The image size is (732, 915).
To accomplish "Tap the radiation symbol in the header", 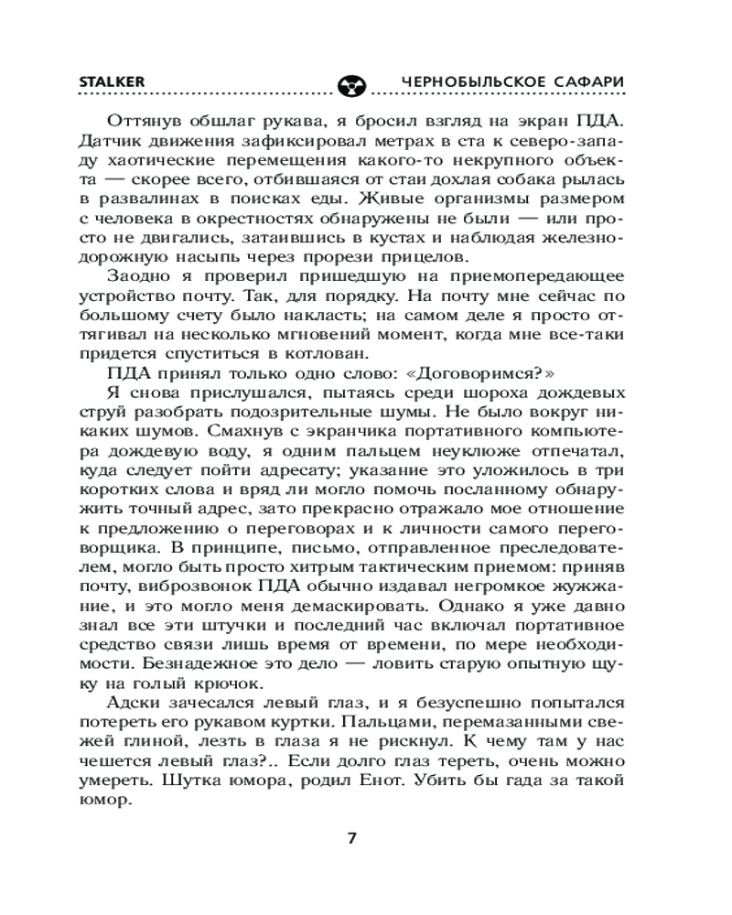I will pyautogui.click(x=352, y=85).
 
